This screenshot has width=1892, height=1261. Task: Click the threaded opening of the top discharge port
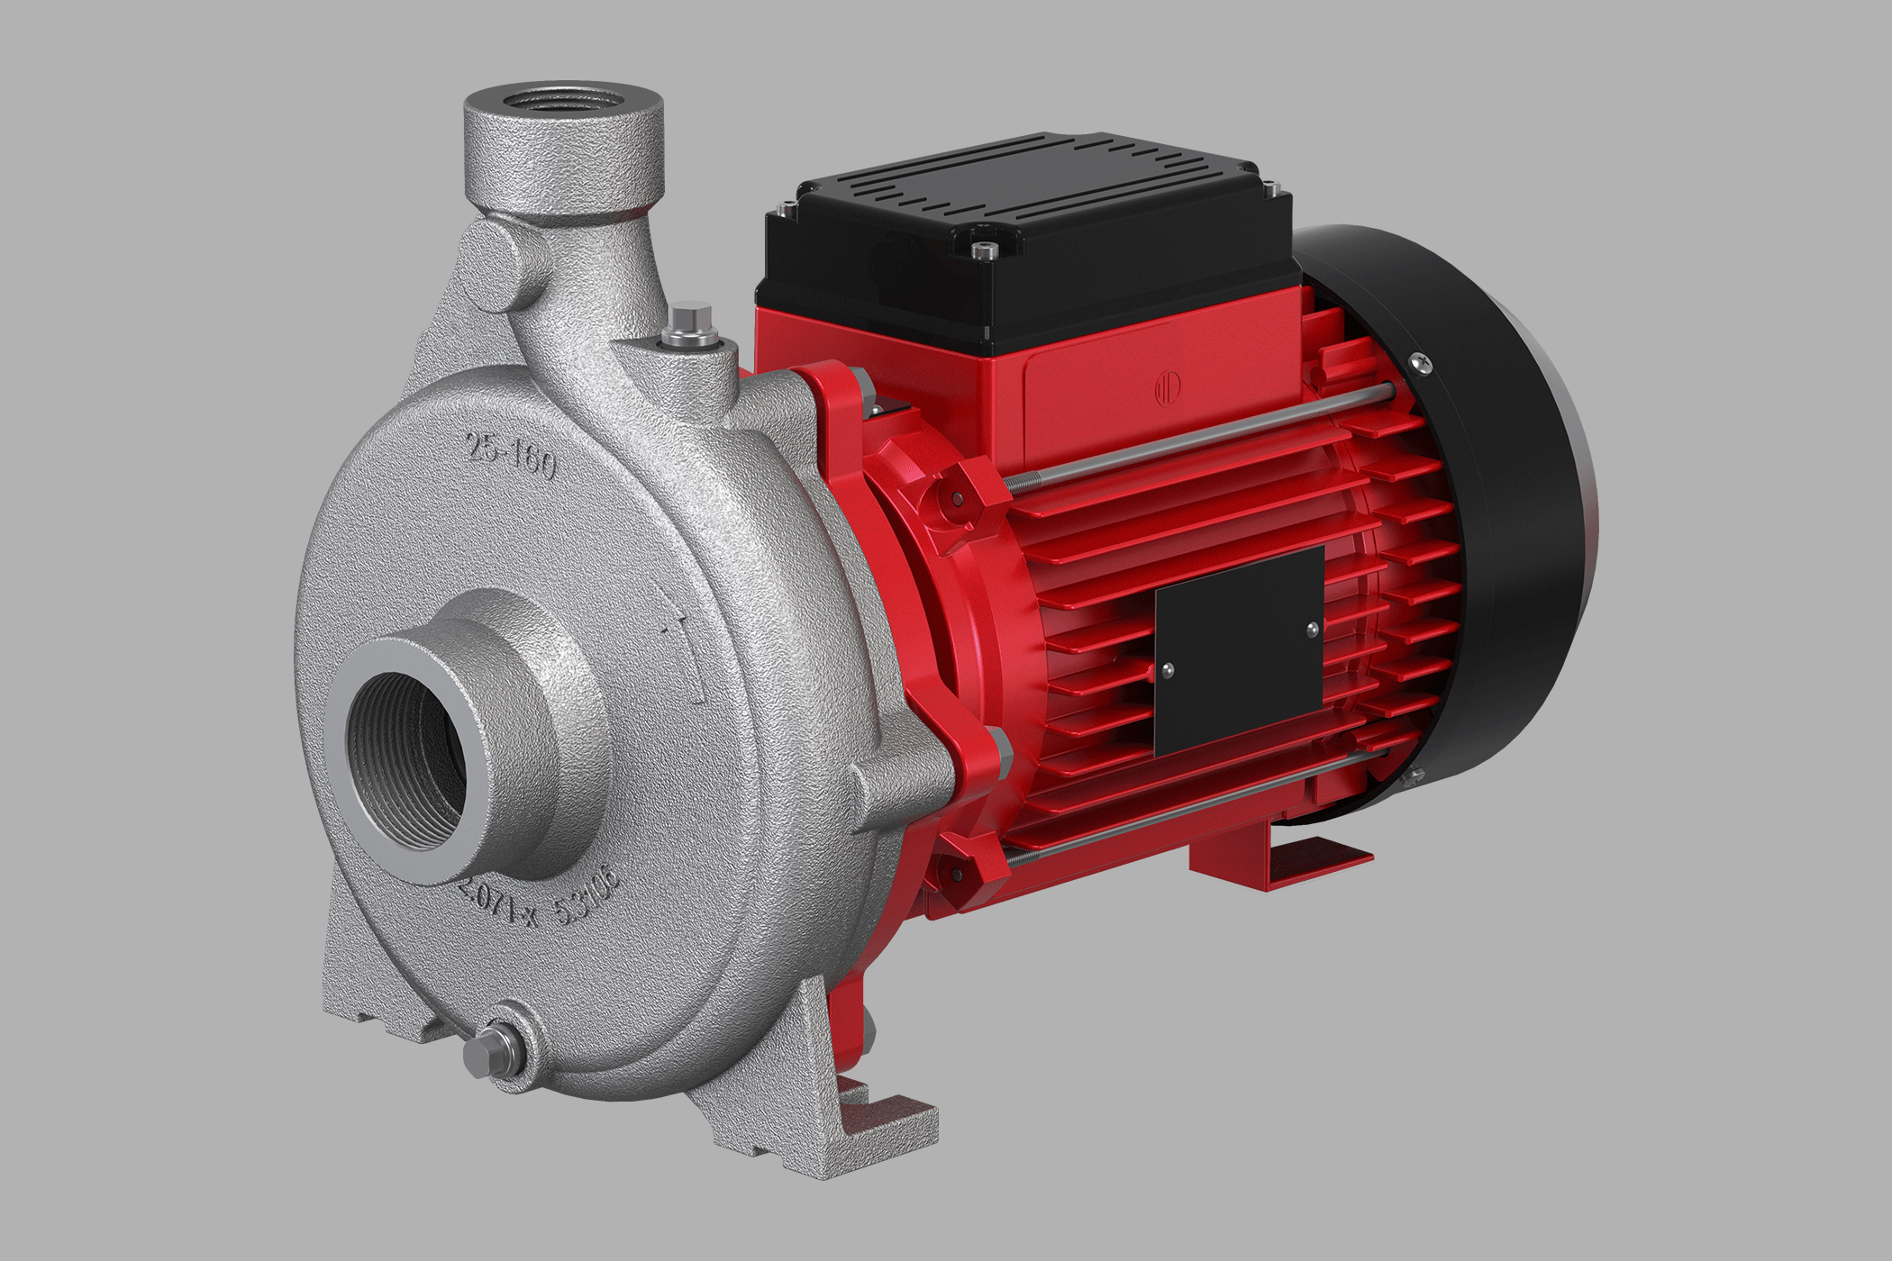(563, 99)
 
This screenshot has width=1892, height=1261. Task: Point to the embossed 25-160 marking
(511, 456)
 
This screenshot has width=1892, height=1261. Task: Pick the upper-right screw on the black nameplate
(1311, 628)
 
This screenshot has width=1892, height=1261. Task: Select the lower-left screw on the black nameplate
(1168, 669)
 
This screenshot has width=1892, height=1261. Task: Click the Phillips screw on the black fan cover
(1423, 362)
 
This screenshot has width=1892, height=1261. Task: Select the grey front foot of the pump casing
(865, 1126)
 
